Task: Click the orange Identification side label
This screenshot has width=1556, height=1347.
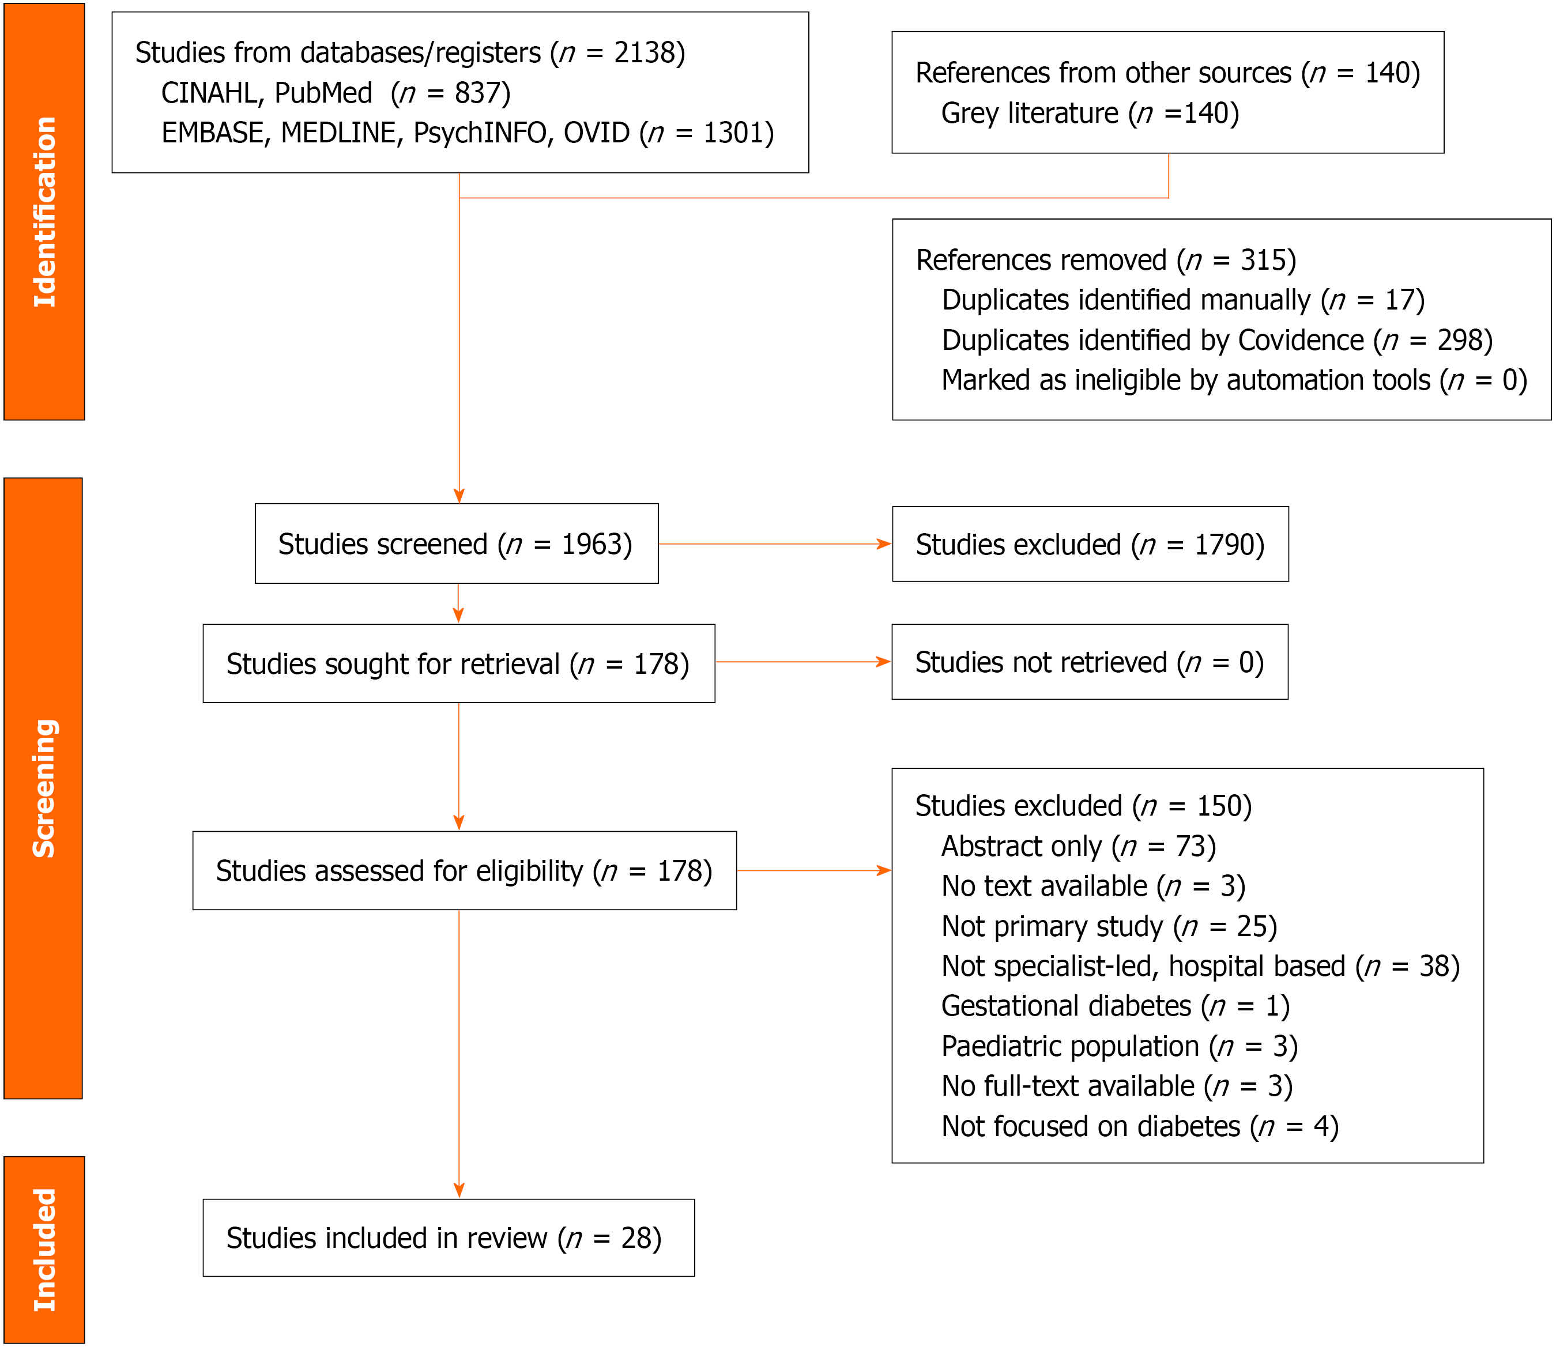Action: pyautogui.click(x=44, y=211)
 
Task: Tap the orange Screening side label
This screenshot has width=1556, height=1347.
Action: pyautogui.click(x=43, y=788)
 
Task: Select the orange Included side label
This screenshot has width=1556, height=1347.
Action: pyautogui.click(x=44, y=1249)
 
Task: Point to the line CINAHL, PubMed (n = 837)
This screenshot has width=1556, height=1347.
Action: pyautogui.click(x=336, y=93)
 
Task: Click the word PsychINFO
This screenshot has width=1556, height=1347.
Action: pyautogui.click(x=480, y=133)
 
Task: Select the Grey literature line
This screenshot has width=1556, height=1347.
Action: pyautogui.click(x=1090, y=114)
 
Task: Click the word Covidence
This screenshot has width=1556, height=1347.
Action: pyautogui.click(x=1301, y=341)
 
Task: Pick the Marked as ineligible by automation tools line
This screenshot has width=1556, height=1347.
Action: pyautogui.click(x=1234, y=380)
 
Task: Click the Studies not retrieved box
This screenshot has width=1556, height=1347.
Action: pyautogui.click(x=1090, y=662)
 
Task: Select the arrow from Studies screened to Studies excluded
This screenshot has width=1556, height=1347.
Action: pyautogui.click(x=775, y=544)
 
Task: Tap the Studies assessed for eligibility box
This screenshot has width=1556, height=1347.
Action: pyautogui.click(x=465, y=870)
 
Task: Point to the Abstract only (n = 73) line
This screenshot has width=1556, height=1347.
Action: pyautogui.click(x=1079, y=846)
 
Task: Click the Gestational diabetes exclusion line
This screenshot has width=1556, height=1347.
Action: pyautogui.click(x=1116, y=1006)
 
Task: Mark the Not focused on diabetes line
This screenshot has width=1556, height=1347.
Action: pyautogui.click(x=1140, y=1127)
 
